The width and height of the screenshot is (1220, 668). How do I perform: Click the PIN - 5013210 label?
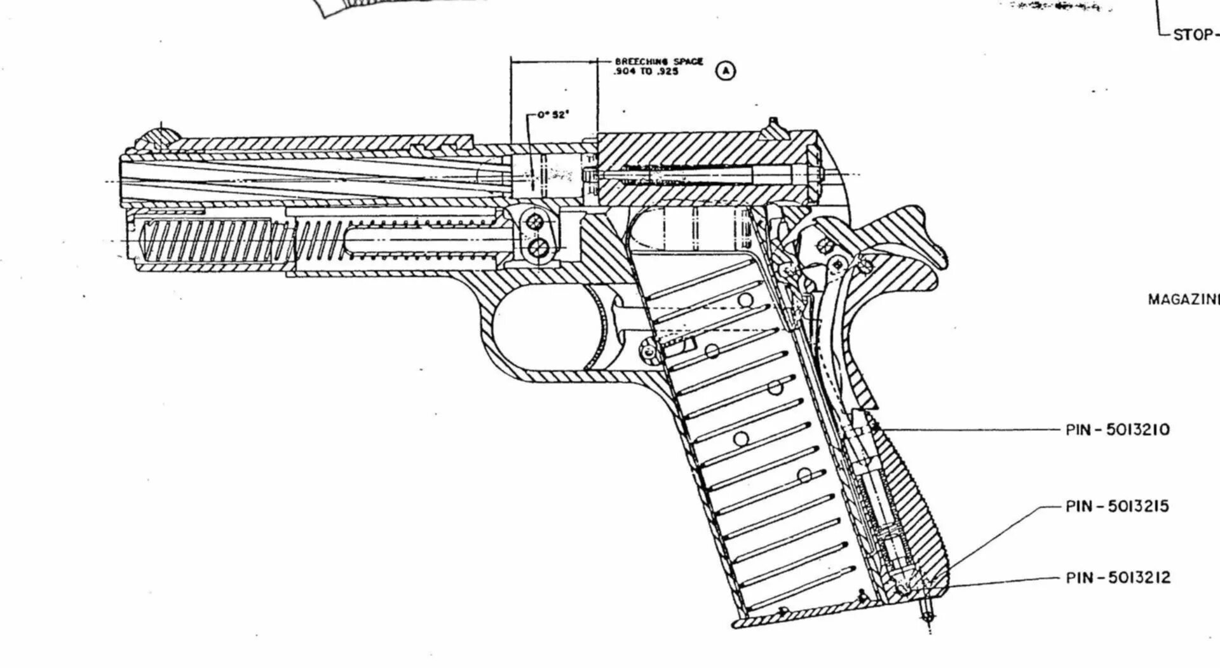[1117, 430]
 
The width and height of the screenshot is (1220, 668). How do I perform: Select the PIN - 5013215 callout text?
[1117, 507]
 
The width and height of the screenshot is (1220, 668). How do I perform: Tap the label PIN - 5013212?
[1117, 578]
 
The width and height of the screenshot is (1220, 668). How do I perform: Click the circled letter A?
[726, 70]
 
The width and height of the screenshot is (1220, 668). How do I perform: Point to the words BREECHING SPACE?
[658, 62]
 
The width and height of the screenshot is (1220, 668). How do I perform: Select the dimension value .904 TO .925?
[646, 72]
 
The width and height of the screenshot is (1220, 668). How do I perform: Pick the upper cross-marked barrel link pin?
[535, 221]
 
